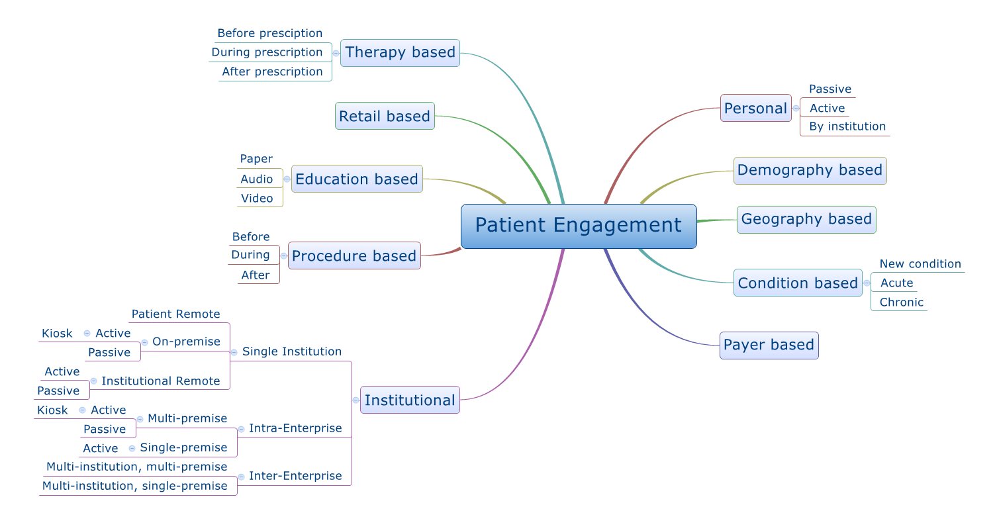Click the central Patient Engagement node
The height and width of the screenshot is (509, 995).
click(x=579, y=226)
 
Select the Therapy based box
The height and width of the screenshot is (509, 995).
click(x=401, y=53)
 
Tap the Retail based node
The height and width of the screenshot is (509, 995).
click(x=385, y=116)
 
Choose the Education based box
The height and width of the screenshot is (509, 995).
click(x=357, y=179)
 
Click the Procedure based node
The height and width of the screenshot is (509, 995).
click(x=354, y=256)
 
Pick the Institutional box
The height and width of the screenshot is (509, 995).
click(x=410, y=400)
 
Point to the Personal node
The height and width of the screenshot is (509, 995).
click(x=755, y=108)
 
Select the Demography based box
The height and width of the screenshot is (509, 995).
click(x=810, y=171)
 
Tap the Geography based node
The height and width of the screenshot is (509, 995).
click(x=806, y=219)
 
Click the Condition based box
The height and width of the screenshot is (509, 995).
click(x=798, y=283)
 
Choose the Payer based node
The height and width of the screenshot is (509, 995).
click(x=769, y=345)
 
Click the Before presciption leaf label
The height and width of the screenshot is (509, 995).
click(x=269, y=33)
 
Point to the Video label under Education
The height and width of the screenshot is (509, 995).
click(x=257, y=198)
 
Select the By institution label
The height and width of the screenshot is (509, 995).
click(x=847, y=126)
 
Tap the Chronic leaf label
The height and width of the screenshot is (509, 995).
click(x=901, y=302)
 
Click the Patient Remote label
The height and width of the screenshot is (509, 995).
click(x=176, y=314)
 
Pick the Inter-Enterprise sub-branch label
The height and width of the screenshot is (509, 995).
click(x=295, y=476)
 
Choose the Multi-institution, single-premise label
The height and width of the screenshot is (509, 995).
click(x=134, y=486)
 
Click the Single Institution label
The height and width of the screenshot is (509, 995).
click(x=292, y=351)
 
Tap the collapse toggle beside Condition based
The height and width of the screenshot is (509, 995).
click(x=867, y=283)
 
